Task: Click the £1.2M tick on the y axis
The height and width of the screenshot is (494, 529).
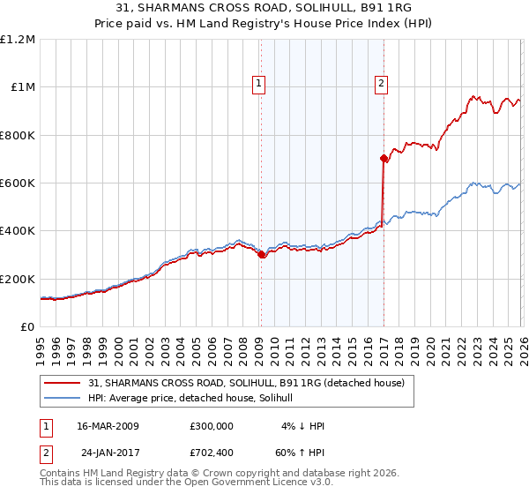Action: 19,40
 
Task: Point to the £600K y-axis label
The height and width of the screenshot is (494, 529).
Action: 18,183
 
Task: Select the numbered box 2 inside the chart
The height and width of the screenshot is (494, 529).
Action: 382,84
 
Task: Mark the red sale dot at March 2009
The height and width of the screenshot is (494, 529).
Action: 261,255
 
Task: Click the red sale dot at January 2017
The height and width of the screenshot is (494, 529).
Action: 384,159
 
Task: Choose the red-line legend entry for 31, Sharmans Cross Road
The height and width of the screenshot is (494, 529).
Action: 246,383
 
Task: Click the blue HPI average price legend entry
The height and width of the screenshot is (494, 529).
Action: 196,399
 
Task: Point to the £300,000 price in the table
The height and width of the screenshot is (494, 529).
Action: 212,426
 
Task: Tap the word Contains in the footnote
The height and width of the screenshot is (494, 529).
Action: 62,473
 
